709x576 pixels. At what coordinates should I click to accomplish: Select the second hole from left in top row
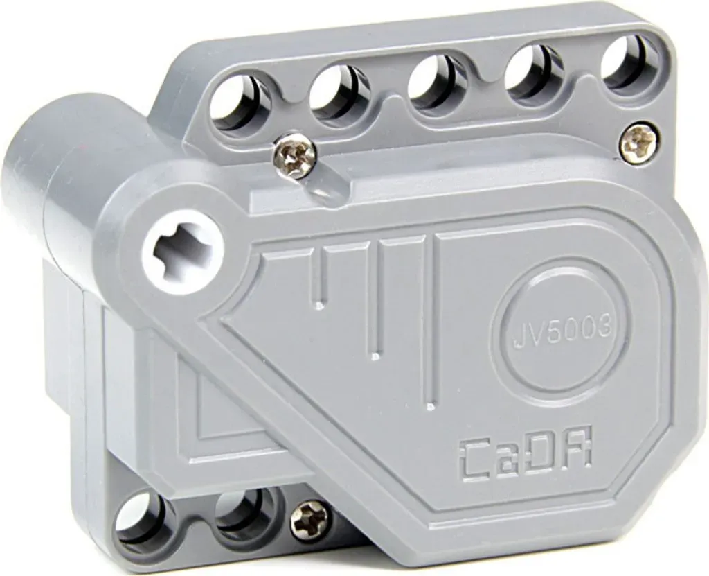coord(339,94)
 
